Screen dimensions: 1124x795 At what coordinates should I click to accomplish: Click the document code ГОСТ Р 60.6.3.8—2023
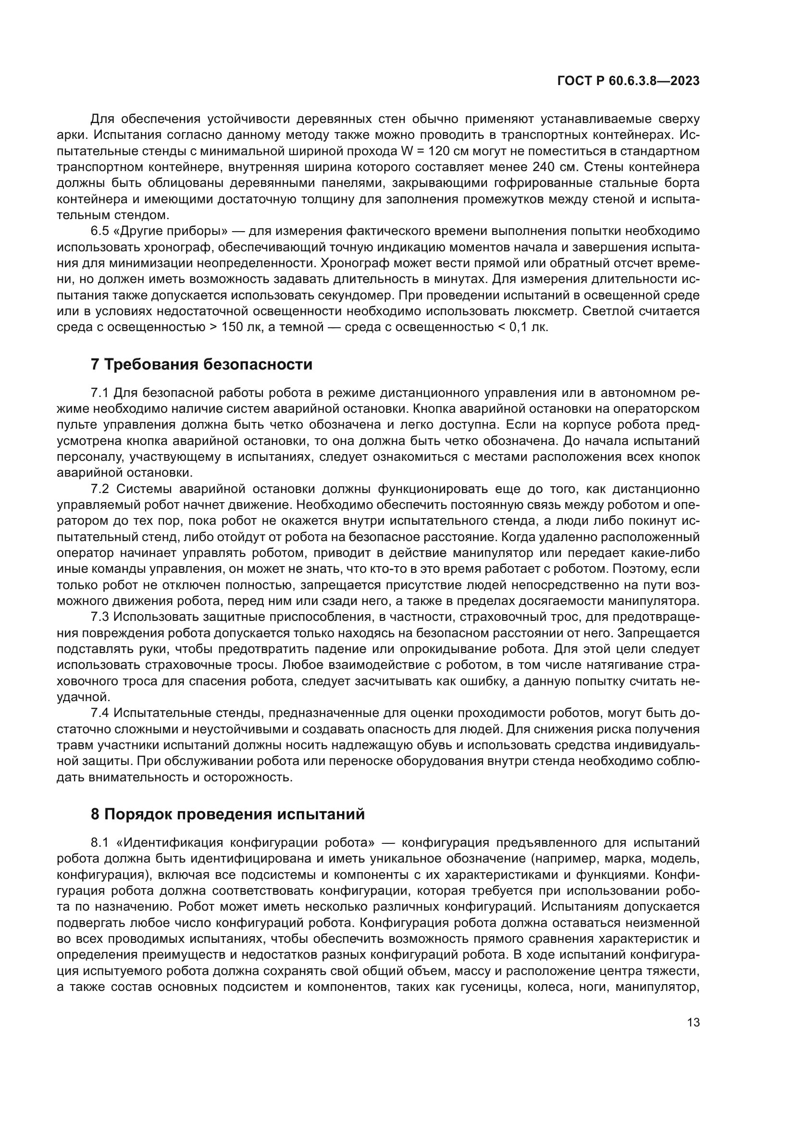point(628,81)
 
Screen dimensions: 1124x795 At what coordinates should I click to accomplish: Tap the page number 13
point(693,1022)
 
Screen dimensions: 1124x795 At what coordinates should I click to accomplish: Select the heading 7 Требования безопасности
point(201,364)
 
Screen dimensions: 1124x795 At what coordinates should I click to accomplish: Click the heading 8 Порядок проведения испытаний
point(228,814)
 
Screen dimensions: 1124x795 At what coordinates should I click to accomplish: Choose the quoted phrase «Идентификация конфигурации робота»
point(246,842)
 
